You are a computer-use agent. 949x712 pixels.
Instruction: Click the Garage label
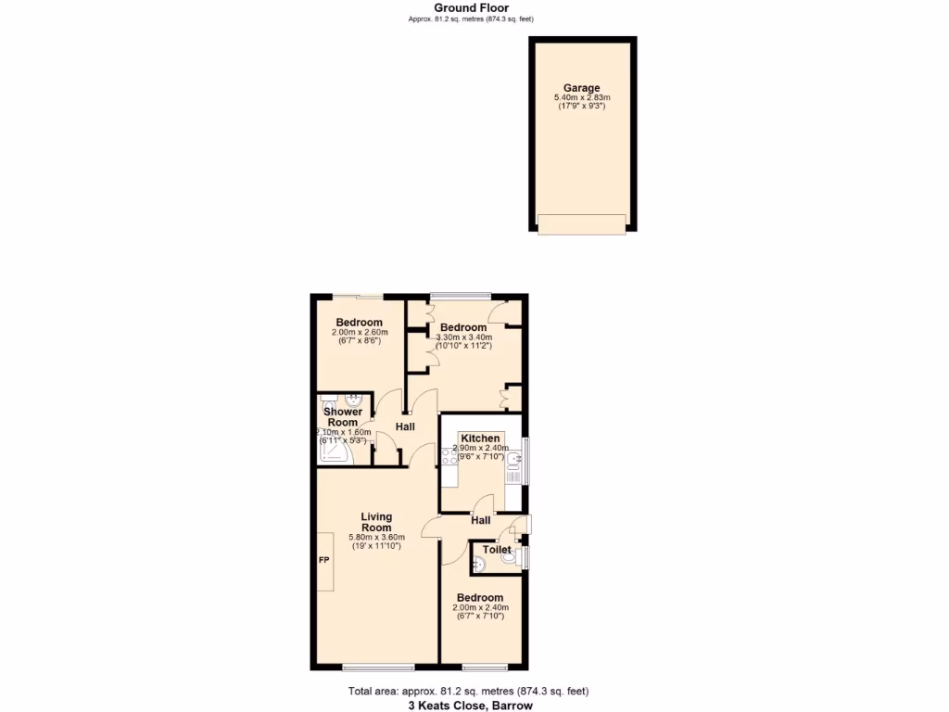click(582, 88)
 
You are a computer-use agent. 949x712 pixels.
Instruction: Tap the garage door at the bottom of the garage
click(582, 223)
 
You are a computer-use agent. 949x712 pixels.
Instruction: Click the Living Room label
click(376, 522)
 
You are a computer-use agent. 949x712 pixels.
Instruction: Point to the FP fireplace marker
click(324, 561)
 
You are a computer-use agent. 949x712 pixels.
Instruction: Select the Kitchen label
click(481, 439)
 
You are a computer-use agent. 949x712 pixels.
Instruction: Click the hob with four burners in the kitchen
click(449, 456)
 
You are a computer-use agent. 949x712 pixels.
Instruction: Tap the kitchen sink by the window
click(514, 456)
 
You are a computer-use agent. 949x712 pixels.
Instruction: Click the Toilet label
click(498, 550)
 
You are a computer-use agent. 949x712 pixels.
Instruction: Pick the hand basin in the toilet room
click(479, 562)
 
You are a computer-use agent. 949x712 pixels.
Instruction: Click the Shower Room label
click(342, 417)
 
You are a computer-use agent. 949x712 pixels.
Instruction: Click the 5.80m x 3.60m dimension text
click(376, 538)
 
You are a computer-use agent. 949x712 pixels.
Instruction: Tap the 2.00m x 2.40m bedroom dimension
click(480, 608)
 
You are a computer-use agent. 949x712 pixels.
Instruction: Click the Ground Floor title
click(471, 7)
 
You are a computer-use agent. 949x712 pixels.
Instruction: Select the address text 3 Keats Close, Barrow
click(471, 705)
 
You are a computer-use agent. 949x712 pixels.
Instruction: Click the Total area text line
click(469, 691)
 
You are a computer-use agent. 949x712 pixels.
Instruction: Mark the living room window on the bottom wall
click(378, 667)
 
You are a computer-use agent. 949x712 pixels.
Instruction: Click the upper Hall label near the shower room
click(405, 426)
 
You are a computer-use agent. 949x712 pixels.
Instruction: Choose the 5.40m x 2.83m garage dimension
click(582, 97)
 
